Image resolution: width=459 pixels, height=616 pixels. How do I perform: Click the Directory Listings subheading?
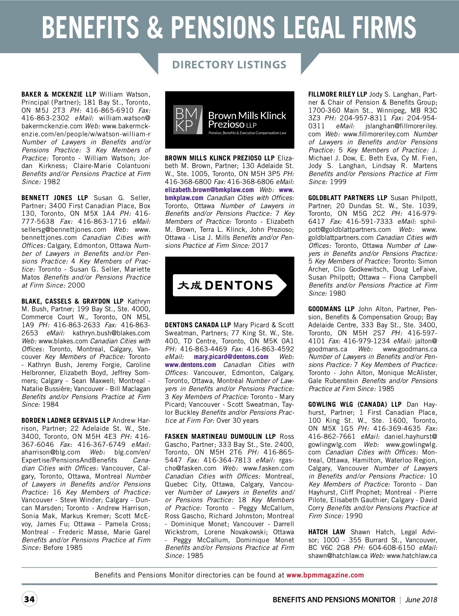click(229, 65)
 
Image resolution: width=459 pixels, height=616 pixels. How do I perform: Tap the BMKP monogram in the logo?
click(187, 120)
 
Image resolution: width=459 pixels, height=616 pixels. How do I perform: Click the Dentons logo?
click(229, 285)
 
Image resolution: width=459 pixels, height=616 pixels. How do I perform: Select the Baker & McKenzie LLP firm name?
click(59, 94)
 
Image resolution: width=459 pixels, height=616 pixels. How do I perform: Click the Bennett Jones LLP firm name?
click(55, 198)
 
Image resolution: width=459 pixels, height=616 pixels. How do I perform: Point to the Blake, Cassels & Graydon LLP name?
click(73, 301)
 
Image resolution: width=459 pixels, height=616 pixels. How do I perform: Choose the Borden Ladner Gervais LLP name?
click(66, 420)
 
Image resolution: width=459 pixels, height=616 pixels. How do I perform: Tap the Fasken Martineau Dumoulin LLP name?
click(220, 437)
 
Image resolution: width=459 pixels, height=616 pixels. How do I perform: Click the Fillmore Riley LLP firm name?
click(337, 94)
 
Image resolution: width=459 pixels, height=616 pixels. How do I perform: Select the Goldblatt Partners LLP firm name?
click(348, 198)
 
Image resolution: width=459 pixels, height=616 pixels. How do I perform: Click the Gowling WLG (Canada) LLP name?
click(355, 404)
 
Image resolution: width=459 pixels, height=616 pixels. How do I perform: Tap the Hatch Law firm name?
click(327, 532)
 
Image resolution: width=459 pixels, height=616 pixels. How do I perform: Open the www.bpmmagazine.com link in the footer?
click(325, 575)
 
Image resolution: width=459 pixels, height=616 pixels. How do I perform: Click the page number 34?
click(29, 599)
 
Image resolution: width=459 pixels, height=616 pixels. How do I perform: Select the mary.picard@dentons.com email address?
click(231, 357)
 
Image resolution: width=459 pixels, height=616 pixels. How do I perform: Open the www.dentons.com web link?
click(190, 365)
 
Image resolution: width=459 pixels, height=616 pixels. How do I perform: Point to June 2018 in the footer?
click(421, 600)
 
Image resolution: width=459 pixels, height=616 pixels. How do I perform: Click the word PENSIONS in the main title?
click(223, 27)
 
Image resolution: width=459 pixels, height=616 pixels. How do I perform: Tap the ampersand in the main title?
click(155, 27)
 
